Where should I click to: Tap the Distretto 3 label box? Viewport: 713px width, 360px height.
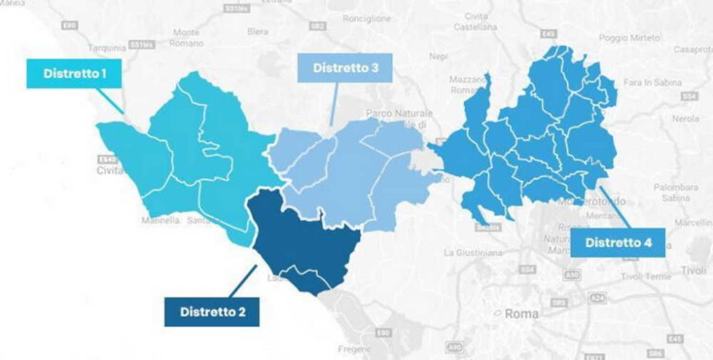coord(345,69)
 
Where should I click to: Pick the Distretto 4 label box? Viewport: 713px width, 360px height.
coord(618,242)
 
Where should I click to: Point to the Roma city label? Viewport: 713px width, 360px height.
coord(522,314)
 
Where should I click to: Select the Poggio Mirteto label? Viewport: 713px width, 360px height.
coord(629,37)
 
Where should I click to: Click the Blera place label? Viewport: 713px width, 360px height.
coord(258,32)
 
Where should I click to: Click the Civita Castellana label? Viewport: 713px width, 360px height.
coord(477,22)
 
